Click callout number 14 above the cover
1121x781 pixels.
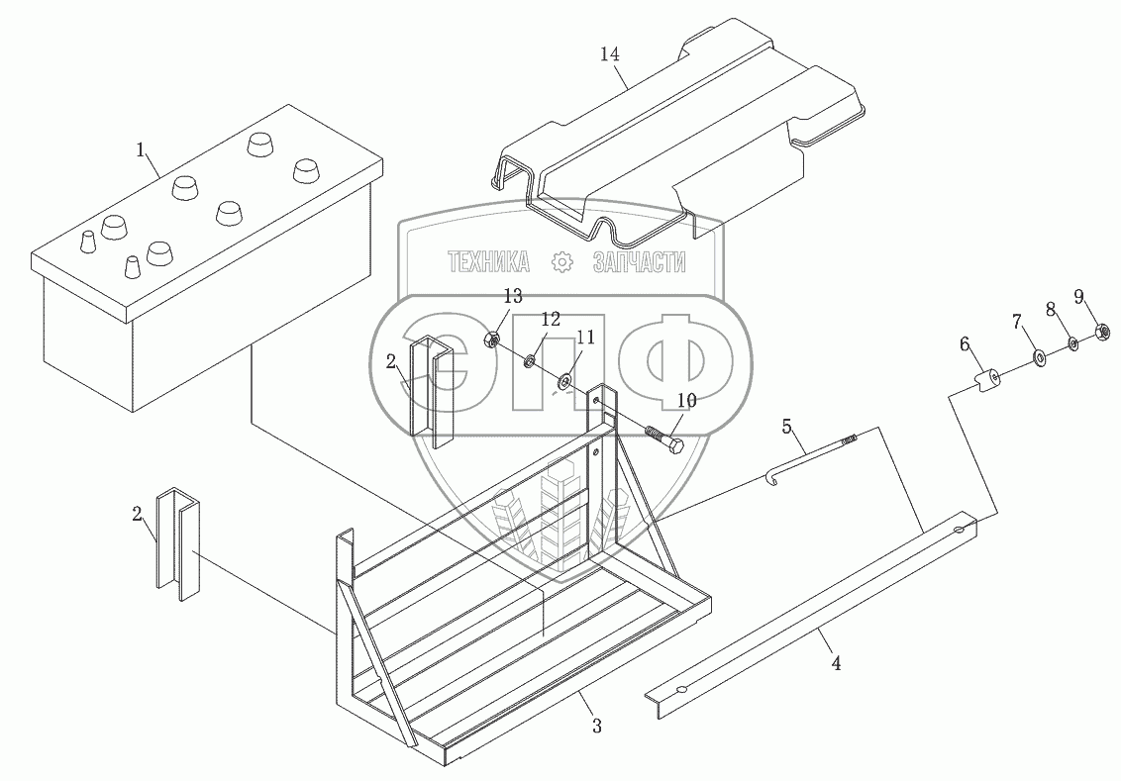(610, 53)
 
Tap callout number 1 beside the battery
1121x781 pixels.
(142, 150)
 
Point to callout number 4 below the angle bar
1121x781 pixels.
(836, 664)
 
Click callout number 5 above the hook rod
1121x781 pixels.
(787, 427)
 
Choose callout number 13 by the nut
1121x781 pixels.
(512, 297)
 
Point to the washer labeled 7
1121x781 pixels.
(1038, 356)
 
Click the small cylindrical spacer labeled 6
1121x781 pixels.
(984, 381)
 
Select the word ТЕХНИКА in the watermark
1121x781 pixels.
(489, 262)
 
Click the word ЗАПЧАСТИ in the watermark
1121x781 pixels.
(639, 262)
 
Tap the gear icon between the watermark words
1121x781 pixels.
(561, 262)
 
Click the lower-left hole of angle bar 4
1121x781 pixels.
(679, 690)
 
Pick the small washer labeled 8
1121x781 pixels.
(1072, 343)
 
